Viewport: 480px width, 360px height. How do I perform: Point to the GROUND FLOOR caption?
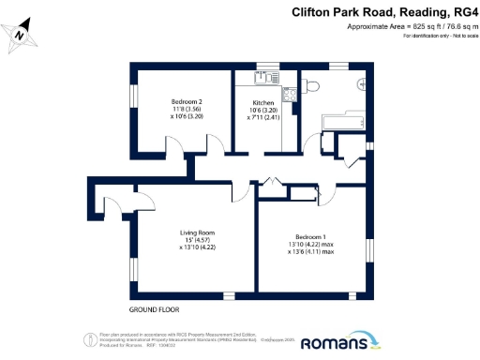coord(154,309)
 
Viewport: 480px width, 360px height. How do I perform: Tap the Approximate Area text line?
coord(407,28)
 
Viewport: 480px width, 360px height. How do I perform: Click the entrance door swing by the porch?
coord(111,205)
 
